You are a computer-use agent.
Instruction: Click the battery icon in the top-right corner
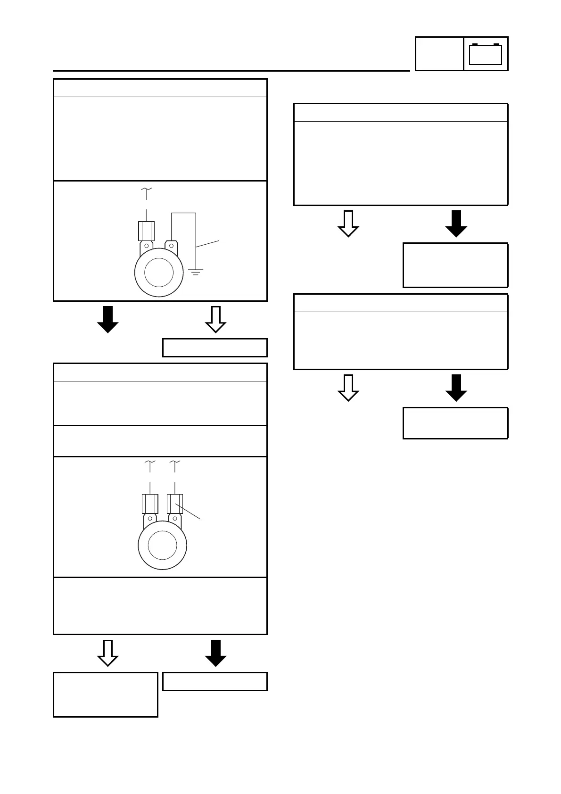(x=486, y=54)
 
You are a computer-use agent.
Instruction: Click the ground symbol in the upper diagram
(x=196, y=272)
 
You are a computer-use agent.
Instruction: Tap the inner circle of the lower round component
(x=162, y=545)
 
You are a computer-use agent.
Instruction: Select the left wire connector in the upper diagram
(x=147, y=231)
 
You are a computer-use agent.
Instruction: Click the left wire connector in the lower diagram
(x=150, y=504)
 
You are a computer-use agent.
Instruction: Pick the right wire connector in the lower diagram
(x=175, y=504)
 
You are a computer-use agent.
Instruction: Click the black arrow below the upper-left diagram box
(x=107, y=319)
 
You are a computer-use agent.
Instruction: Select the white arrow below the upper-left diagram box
(x=216, y=319)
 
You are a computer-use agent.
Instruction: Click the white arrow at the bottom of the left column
(x=107, y=653)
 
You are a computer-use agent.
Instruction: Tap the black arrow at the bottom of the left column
(x=216, y=653)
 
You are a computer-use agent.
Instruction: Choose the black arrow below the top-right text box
(x=456, y=223)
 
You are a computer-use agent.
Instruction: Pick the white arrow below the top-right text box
(x=348, y=223)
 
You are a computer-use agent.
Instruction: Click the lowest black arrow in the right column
(x=456, y=388)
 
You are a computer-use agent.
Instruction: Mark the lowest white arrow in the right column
(x=348, y=388)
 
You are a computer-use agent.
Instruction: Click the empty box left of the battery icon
(x=439, y=54)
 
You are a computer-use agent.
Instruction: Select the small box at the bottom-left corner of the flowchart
(x=106, y=695)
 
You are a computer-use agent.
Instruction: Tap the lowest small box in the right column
(x=455, y=423)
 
